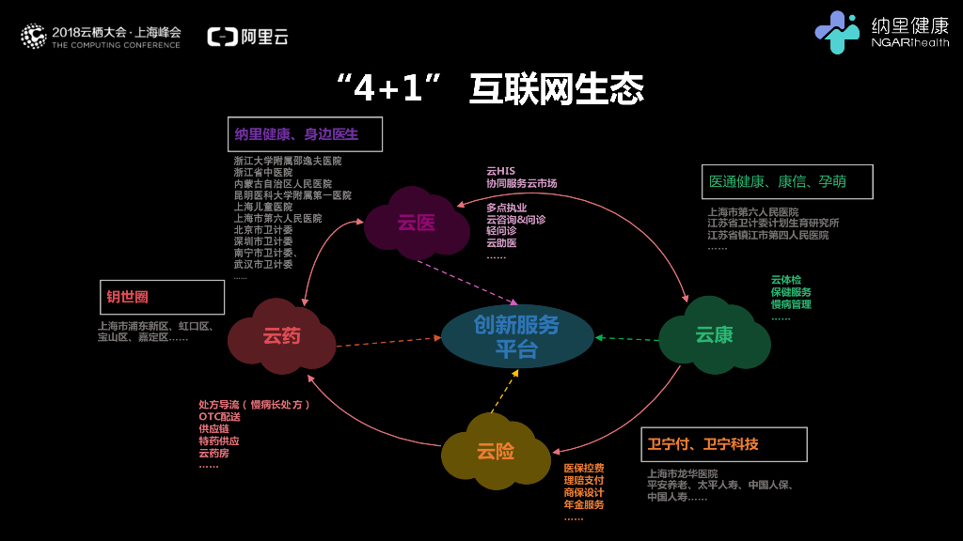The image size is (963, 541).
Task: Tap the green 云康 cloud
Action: [x=714, y=334]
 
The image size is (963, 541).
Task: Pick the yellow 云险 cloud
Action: [x=496, y=452]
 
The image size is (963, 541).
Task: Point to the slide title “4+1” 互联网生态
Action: [x=490, y=89]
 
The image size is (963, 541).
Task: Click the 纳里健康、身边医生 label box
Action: [x=306, y=134]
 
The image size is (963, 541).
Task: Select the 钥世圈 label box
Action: [x=162, y=297]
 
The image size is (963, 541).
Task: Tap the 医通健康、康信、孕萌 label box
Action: [x=787, y=181]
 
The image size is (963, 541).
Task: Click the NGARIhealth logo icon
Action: [x=835, y=33]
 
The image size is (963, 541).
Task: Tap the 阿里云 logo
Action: [x=247, y=37]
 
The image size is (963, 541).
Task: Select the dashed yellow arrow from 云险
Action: [x=504, y=390]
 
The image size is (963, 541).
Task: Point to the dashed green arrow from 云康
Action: [x=627, y=338]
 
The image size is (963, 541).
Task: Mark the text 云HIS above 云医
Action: [x=500, y=171]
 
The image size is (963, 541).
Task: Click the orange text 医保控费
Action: [x=583, y=468]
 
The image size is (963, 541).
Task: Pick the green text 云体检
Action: [x=785, y=280]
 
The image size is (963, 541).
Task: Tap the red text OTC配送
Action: [x=219, y=416]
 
